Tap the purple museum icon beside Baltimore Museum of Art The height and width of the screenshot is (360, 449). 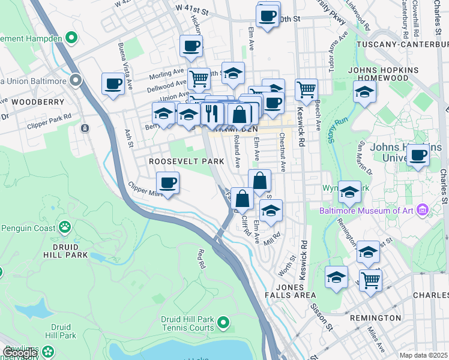[x=423, y=210]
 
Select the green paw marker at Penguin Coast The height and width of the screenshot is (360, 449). [x=64, y=227]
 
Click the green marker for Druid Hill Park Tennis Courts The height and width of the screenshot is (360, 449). [x=223, y=323]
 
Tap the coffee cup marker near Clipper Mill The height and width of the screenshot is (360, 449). [x=167, y=182]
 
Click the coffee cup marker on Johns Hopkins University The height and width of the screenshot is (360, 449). [x=418, y=155]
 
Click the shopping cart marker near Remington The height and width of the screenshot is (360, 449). [x=370, y=279]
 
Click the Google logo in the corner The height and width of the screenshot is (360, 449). [x=19, y=353]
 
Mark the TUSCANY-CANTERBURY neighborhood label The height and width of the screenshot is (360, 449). [x=402, y=45]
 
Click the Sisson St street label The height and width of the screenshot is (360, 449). [x=321, y=316]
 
